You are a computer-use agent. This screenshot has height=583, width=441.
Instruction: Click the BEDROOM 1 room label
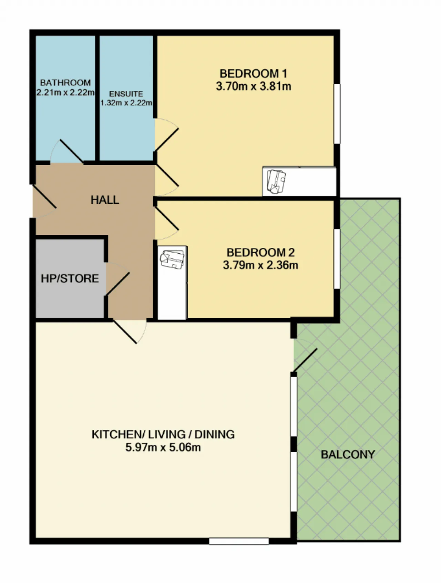click(253, 73)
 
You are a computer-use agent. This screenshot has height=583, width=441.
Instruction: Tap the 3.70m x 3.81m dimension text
click(253, 86)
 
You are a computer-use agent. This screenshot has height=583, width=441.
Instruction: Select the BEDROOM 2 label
click(260, 253)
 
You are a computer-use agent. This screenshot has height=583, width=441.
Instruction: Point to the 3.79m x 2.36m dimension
click(260, 265)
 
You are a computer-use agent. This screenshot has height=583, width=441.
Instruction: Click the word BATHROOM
click(65, 83)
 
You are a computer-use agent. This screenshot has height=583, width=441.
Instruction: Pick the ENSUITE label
click(126, 94)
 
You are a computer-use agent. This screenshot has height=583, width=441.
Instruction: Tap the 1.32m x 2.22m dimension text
click(126, 103)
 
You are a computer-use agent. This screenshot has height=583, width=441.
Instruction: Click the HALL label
click(105, 200)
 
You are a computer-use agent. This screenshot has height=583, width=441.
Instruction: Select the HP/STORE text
click(70, 278)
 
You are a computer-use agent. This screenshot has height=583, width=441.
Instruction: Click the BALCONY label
click(348, 455)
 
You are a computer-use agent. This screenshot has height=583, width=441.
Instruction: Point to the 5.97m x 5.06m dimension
click(163, 447)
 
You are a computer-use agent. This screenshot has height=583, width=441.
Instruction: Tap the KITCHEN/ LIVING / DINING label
click(163, 434)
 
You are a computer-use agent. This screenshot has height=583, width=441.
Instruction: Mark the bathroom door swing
click(67, 151)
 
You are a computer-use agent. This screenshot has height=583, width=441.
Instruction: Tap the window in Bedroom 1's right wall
click(337, 114)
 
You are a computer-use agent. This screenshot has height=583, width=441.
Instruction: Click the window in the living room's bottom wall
click(239, 541)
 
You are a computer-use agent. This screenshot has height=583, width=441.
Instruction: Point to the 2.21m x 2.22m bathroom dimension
click(65, 93)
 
